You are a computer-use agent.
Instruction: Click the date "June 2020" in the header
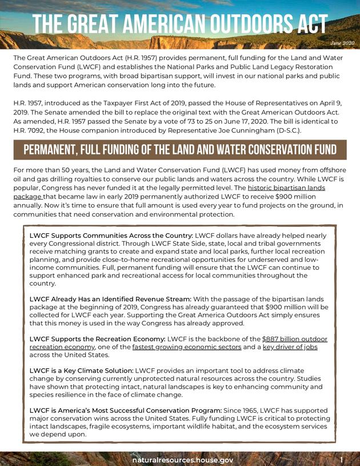click(x=342, y=43)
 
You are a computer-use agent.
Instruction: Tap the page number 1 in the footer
click(x=341, y=459)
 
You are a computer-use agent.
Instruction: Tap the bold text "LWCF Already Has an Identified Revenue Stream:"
click(x=110, y=298)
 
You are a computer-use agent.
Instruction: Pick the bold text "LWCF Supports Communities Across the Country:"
click(x=111, y=236)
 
